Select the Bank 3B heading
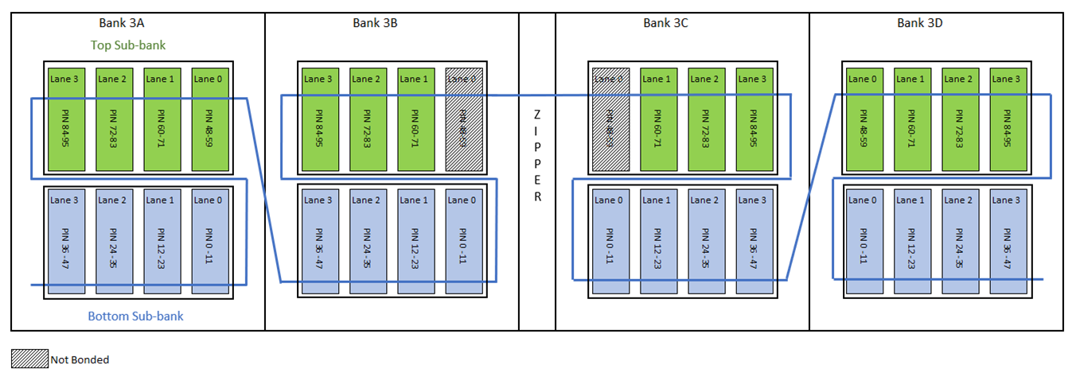pos(375,23)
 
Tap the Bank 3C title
pos(665,23)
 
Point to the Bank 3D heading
pos(920,23)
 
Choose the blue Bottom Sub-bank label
pos(135,317)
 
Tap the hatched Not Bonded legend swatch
pos(30,359)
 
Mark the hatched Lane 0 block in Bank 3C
pos(610,119)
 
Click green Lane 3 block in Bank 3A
pos(67,119)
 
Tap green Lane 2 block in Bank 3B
pos(366,119)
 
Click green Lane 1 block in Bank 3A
pos(162,119)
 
